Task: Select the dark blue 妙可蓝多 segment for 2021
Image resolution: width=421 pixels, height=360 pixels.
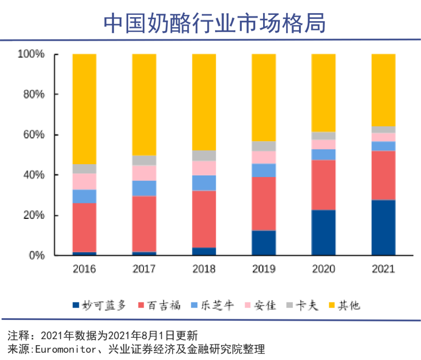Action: (x=383, y=228)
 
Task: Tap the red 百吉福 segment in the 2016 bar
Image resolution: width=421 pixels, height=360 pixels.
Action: (x=85, y=227)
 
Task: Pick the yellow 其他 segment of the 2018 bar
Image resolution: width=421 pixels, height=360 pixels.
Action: (x=204, y=102)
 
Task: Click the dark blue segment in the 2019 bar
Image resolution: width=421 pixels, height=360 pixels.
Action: (x=264, y=243)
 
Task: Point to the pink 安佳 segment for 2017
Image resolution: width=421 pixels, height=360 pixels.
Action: (x=144, y=173)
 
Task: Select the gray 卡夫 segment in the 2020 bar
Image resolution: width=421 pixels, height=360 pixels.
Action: (x=324, y=136)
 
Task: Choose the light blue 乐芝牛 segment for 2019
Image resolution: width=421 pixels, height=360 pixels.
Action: (x=264, y=170)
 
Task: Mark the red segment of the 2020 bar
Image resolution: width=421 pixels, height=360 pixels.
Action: (x=324, y=185)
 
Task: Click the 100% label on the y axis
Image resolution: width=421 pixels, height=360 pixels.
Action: (x=31, y=54)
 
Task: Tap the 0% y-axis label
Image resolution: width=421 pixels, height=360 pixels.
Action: (x=37, y=255)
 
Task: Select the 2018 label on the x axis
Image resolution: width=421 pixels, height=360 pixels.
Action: (x=204, y=269)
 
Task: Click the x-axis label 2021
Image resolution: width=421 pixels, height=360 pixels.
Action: (x=383, y=269)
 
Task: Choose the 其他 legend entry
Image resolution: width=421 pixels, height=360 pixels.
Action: (x=349, y=305)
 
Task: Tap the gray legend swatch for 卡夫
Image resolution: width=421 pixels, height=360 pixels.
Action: (x=289, y=305)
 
